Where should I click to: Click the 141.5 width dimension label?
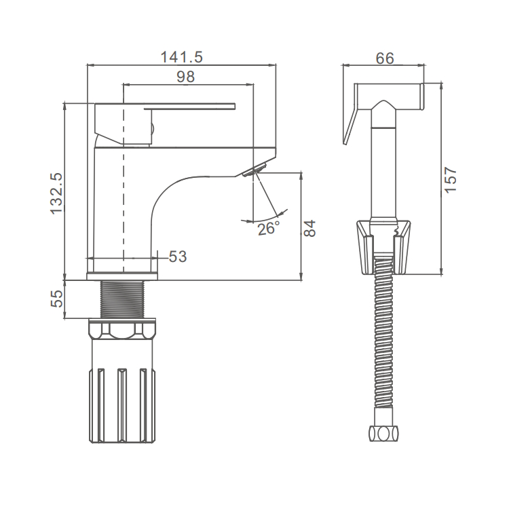[x=182, y=57]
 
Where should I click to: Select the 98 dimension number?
[x=186, y=77]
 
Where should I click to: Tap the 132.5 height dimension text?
[x=56, y=193]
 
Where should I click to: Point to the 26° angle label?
[x=269, y=229]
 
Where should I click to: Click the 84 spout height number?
[x=309, y=228]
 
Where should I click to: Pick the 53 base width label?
[x=178, y=257]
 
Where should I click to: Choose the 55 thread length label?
[x=56, y=299]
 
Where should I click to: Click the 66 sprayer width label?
[x=385, y=58]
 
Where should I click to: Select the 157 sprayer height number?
[x=450, y=180]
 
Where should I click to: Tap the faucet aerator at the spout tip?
[x=254, y=170]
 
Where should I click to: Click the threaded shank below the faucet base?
[x=122, y=299]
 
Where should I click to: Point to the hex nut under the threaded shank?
[x=122, y=328]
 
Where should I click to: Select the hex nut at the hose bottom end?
[x=384, y=434]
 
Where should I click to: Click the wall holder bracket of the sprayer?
[x=384, y=247]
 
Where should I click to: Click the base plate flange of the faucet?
[x=122, y=276]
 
